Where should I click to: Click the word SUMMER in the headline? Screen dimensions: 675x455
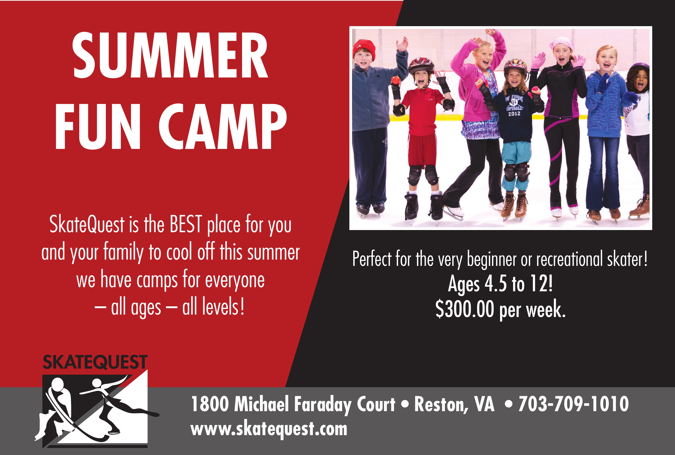pos(170,55)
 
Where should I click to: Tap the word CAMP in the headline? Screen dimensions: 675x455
pos(223,126)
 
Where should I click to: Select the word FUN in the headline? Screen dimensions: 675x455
pos(98,126)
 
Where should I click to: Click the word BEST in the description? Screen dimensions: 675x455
pos(186,224)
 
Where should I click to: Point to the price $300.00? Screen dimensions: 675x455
pos(464,309)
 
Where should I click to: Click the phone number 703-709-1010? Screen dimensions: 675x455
pos(573,404)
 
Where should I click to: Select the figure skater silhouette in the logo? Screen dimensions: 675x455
pos(116,403)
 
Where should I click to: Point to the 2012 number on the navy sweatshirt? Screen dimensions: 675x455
pos(514,114)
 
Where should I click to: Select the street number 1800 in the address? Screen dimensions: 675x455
pos(210,404)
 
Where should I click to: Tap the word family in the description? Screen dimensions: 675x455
pos(123,252)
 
